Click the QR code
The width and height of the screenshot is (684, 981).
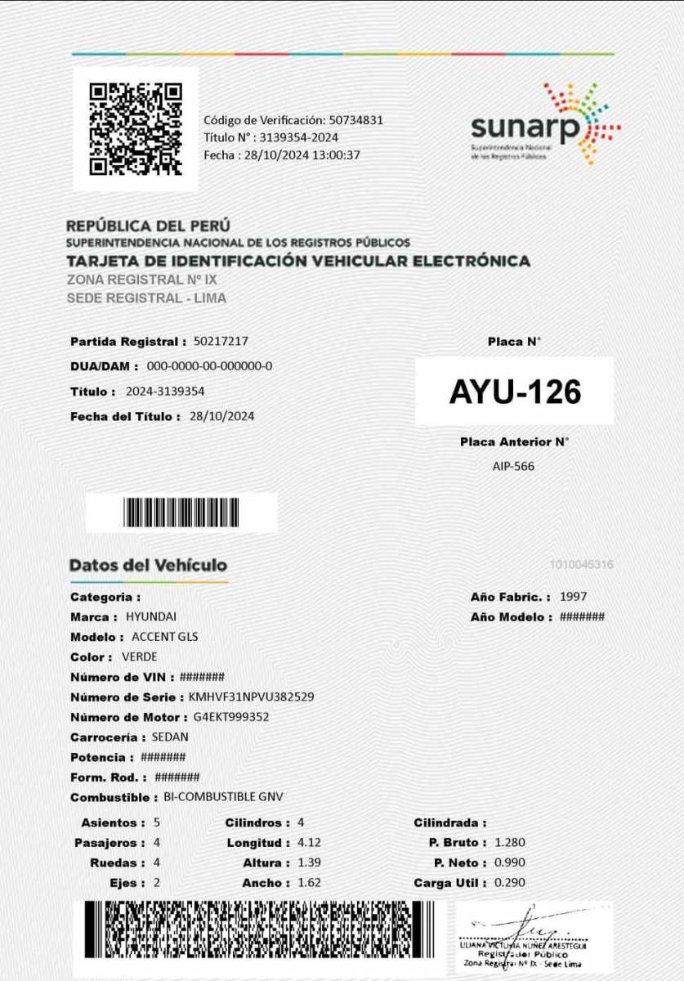pos(136,128)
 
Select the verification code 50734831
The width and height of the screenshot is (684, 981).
pos(356,120)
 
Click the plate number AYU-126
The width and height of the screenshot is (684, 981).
pos(515,392)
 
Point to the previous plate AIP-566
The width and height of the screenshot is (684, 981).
pos(514,466)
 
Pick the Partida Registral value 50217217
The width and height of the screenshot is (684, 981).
pos(221,341)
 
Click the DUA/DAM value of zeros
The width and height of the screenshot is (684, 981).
pos(209,365)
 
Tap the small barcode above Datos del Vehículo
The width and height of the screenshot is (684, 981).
pos(181,512)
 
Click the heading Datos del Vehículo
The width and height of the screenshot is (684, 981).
pos(148,565)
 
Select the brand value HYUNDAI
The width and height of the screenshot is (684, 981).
pos(151,616)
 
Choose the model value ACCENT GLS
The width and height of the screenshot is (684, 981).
pos(164,637)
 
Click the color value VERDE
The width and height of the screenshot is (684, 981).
pos(139,656)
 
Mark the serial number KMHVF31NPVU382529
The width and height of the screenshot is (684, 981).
pos(251,697)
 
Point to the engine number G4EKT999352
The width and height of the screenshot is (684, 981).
pos(231,717)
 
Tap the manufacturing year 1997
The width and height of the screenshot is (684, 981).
pos(573,597)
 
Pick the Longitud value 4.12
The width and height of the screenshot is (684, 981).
pos(309,842)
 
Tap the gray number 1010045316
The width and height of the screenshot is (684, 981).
pos(581,565)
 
